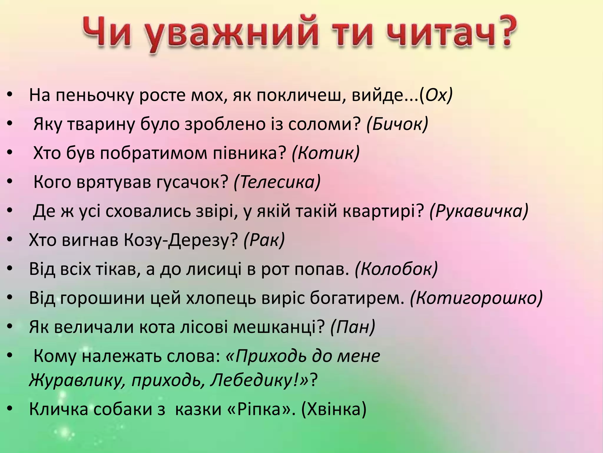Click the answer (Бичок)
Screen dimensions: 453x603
pos(397,124)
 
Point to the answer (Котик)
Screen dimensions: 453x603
pos(326,153)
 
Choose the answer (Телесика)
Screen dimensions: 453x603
pos(277,182)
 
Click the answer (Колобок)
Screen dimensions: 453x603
pos(396,269)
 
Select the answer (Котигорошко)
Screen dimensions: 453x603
pos(476,298)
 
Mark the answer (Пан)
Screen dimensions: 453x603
pos(353,327)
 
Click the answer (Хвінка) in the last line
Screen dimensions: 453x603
pos(334,409)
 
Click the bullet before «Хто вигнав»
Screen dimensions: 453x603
pos(10,240)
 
